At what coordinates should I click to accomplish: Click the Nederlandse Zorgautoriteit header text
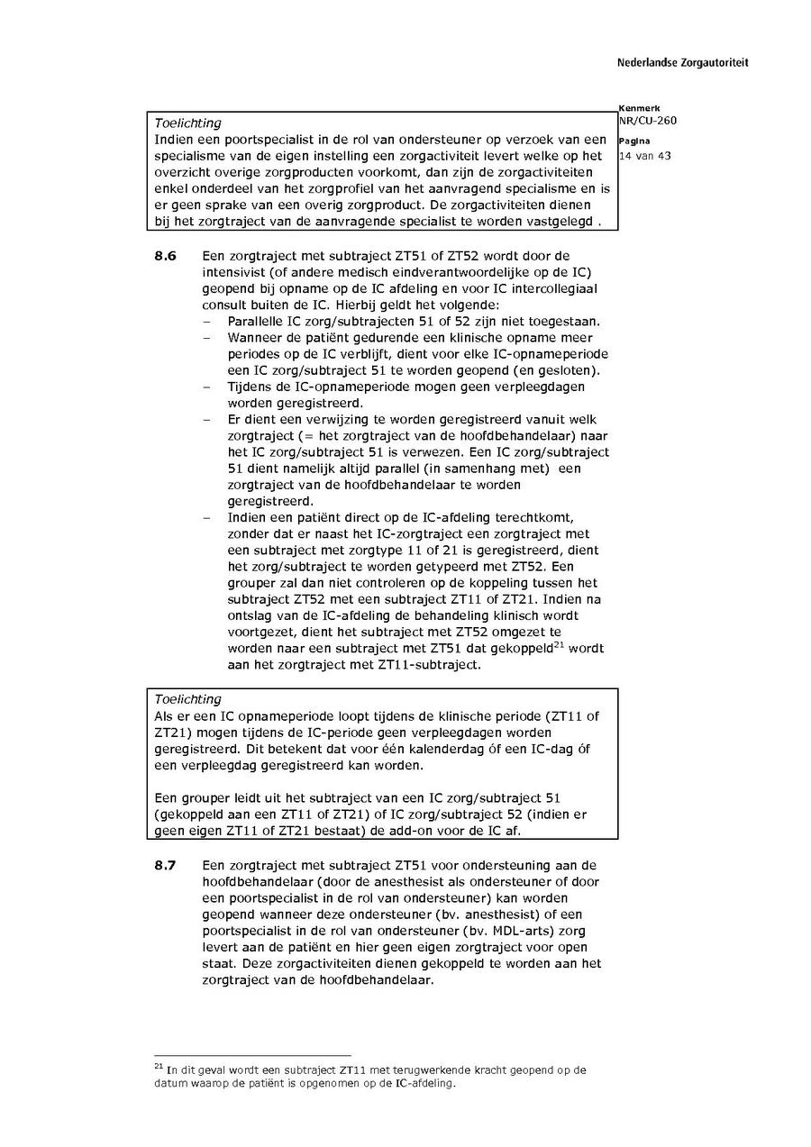pos(682,63)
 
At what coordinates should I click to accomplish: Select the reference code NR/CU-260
pos(648,121)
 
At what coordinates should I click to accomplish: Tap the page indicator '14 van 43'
pos(644,155)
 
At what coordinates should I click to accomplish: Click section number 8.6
pos(165,257)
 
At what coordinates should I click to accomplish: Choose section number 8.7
pos(165,865)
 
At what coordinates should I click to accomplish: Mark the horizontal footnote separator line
pos(252,1055)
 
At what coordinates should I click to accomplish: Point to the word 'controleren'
pos(373,583)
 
